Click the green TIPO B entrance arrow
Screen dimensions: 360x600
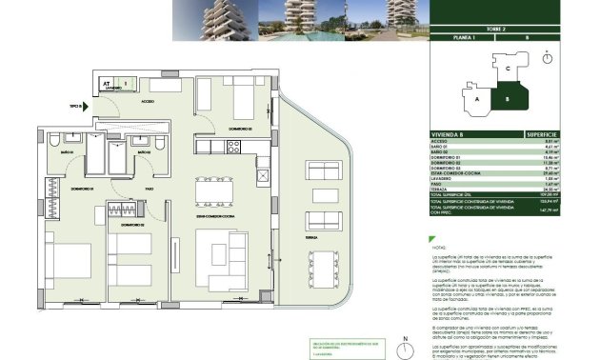click(x=86, y=107)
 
